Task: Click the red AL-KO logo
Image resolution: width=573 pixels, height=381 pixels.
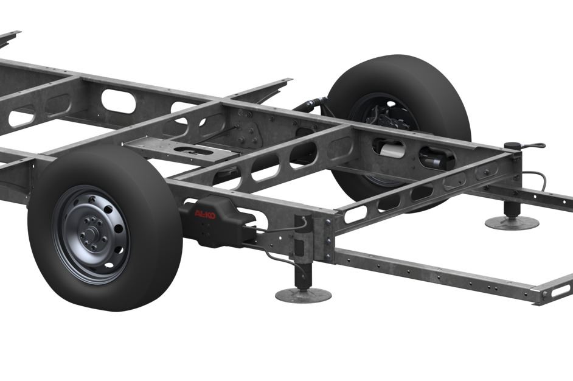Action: coord(204,215)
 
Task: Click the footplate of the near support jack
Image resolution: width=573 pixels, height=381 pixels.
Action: coord(304,295)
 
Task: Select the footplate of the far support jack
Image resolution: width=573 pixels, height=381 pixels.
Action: coord(512,222)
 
